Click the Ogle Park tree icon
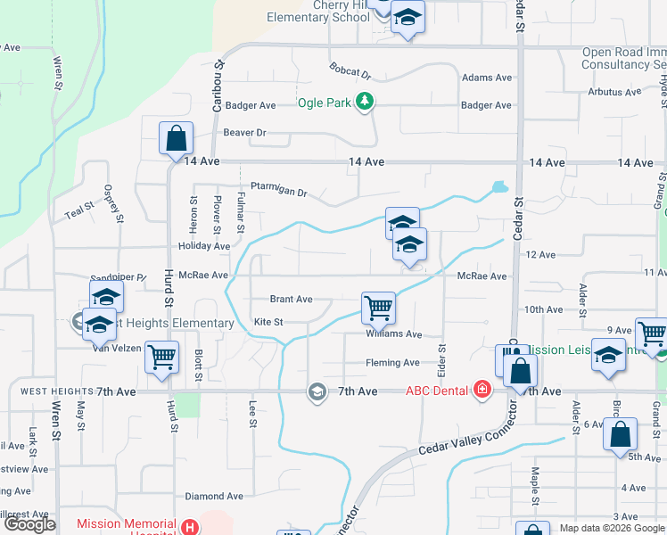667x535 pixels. pyautogui.click(x=364, y=103)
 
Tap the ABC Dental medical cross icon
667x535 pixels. pyautogui.click(x=482, y=390)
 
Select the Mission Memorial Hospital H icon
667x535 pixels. pyautogui.click(x=189, y=526)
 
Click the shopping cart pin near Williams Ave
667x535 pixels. pyautogui.click(x=379, y=309)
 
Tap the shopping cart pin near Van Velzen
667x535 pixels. pyautogui.click(x=161, y=358)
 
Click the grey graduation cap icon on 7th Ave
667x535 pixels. pyautogui.click(x=317, y=391)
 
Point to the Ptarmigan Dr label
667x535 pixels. pyautogui.click(x=279, y=193)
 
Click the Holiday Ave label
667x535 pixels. pyautogui.click(x=204, y=246)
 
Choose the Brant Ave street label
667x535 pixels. pyautogui.click(x=292, y=300)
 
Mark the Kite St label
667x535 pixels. pyautogui.click(x=268, y=322)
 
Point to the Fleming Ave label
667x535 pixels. pyautogui.click(x=392, y=363)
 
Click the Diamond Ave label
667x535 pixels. pyautogui.click(x=214, y=496)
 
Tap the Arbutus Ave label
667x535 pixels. pyautogui.click(x=614, y=92)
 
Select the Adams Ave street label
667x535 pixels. pyautogui.click(x=487, y=78)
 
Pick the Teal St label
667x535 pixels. pyautogui.click(x=79, y=211)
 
